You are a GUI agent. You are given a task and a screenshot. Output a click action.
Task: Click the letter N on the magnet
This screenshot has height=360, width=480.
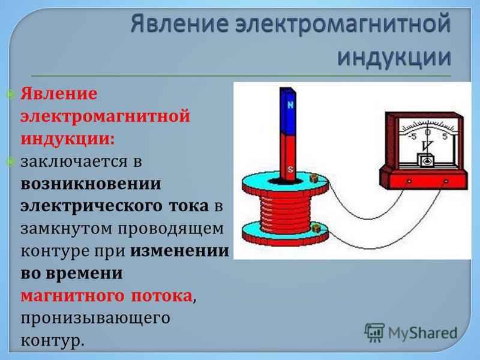tap(290, 105)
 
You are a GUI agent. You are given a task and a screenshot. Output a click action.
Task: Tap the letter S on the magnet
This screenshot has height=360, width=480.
tap(290, 169)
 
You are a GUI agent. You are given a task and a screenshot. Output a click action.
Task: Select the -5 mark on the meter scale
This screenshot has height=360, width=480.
tap(413, 136)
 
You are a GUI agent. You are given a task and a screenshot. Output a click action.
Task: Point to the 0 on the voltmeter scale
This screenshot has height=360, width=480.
tap(428, 132)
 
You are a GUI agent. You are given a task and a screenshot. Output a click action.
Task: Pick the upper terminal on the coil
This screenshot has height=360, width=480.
tap(314, 178)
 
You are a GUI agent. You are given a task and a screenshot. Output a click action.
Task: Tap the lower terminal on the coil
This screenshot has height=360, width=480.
tap(316, 228)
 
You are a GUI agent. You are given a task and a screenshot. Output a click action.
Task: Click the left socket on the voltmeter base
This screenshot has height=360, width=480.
tap(409, 182)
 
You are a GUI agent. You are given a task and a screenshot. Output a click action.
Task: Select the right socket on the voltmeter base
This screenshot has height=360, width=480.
tap(446, 182)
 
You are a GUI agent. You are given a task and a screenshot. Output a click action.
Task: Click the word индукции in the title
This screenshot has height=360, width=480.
tap(394, 58)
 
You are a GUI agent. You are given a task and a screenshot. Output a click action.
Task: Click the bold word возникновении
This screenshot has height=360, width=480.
tap(91, 184)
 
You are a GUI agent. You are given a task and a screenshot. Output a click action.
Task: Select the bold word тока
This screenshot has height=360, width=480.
tap(188, 206)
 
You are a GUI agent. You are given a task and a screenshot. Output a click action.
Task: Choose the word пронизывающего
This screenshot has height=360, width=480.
tap(95, 319)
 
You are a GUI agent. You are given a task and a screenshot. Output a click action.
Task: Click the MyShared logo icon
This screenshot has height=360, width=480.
tap(374, 332)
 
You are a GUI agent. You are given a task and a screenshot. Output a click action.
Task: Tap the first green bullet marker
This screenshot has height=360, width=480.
tap(11, 95)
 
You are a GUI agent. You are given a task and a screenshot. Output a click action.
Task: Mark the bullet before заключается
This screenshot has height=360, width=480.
tap(11, 161)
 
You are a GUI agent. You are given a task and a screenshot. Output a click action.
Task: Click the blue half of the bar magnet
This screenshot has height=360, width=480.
tap(288, 112)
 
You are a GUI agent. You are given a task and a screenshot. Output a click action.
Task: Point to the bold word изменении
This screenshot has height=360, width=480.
tap(179, 251)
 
